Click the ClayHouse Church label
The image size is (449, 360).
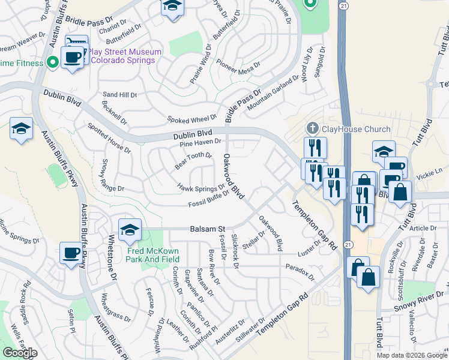click(x=356, y=128)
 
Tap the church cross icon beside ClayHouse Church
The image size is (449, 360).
click(x=312, y=128)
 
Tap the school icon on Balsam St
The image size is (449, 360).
click(x=130, y=229)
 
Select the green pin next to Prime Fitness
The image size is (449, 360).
click(x=53, y=61)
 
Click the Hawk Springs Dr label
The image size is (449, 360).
click(x=200, y=188)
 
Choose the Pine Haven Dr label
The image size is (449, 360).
click(x=200, y=142)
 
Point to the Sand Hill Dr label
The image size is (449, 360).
click(x=120, y=95)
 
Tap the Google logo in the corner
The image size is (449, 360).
click(x=20, y=353)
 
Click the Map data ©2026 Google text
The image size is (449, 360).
click(x=412, y=355)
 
